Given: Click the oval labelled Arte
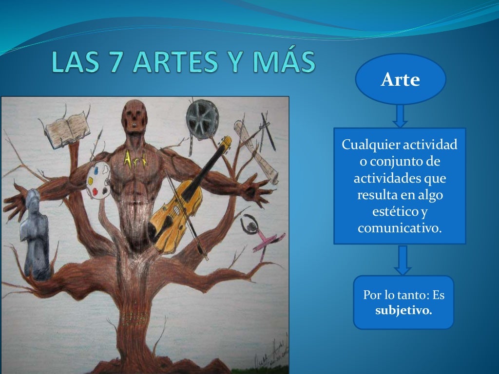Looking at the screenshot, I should tap(400, 79).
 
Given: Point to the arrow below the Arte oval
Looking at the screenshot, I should tap(400, 116).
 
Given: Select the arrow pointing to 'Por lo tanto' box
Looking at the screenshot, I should tap(403, 260).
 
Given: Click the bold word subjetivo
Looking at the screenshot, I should tap(403, 309).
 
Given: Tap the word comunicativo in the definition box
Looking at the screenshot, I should tap(400, 227).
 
